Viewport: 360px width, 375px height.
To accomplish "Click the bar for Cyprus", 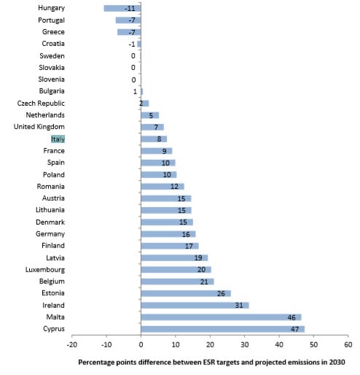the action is coord(223,329).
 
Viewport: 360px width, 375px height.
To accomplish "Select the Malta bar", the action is coord(221,317).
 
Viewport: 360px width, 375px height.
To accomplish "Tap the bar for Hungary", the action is coord(122,8).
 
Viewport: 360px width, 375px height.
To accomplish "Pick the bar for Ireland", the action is coord(195,305).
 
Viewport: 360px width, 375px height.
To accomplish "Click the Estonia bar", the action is coord(186,293).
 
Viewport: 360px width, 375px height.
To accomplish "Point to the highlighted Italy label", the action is coord(58,139).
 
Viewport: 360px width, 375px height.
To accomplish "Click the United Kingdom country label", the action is coord(39,127).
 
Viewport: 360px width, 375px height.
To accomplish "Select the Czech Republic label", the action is coord(41,104).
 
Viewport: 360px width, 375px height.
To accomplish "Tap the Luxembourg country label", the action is coord(45,270).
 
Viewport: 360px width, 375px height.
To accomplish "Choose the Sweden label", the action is coord(52,56).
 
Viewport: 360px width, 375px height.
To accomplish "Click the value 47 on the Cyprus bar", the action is coord(294,329).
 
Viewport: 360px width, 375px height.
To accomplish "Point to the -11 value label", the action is coord(130,9).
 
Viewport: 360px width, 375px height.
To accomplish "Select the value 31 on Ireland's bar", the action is coord(239,306).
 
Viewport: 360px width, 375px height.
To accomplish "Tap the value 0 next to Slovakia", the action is coord(133,68).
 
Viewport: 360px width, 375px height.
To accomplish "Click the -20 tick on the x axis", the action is coord(71,344).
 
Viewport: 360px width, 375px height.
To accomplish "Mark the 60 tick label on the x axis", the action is coord(348,344).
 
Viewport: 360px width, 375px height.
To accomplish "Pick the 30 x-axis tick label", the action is coord(245,344).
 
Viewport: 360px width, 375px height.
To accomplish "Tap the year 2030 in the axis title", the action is coord(337,363).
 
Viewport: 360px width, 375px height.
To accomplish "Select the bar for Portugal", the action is coord(128,20).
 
